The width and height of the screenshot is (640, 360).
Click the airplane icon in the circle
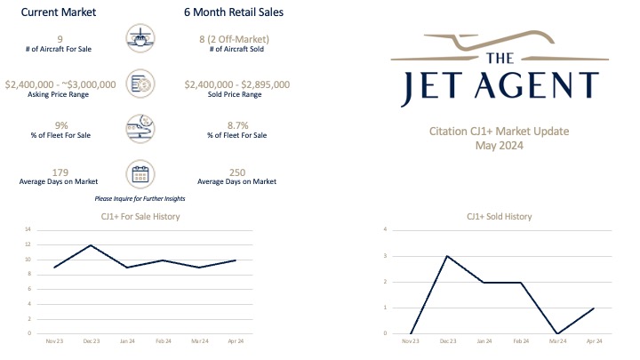click(x=143, y=40)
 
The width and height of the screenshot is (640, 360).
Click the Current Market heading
click(x=58, y=12)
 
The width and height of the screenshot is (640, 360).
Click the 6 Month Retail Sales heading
click(x=232, y=12)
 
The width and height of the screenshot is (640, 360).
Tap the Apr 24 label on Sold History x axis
click(x=594, y=340)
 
